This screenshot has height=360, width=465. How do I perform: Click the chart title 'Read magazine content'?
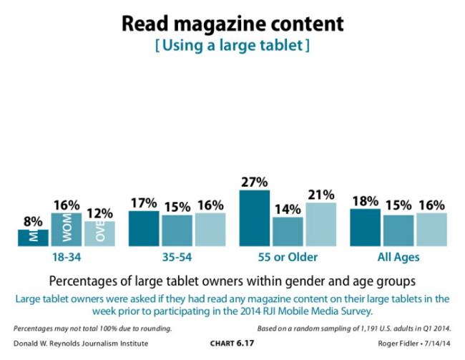[232, 23]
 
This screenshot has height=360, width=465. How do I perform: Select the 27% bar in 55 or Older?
[254, 218]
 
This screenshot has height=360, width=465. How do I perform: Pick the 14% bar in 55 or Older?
[288, 231]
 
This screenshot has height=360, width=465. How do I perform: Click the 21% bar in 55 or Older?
[320, 225]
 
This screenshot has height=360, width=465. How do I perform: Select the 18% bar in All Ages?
[365, 228]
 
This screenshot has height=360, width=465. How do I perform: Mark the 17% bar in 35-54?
[143, 228]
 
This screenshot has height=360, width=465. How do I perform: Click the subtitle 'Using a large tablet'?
[232, 47]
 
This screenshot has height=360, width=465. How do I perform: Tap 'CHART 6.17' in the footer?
[232, 344]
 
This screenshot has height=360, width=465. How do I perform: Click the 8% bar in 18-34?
[33, 238]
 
